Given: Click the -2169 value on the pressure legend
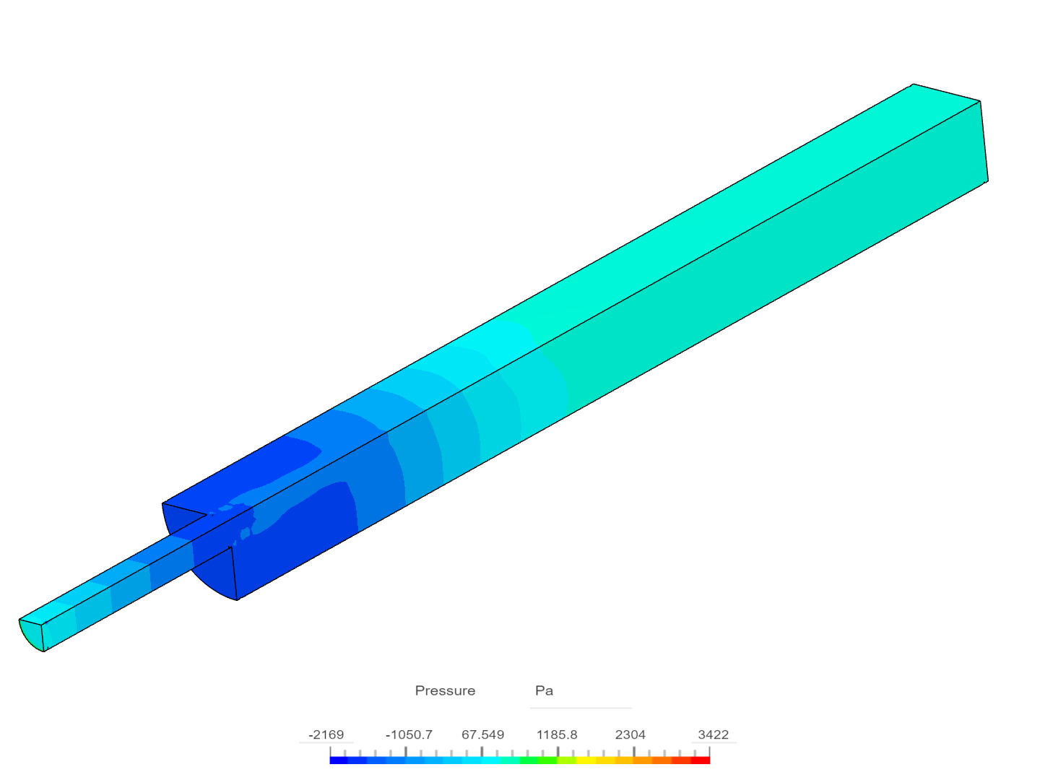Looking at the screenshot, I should (326, 734).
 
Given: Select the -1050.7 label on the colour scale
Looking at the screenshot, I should (409, 734).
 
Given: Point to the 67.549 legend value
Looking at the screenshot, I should (482, 734).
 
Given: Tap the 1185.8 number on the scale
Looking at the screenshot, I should (557, 734).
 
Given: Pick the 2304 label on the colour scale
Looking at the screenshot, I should (630, 734).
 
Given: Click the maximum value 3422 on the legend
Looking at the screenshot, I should (713, 734).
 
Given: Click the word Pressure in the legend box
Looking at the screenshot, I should (445, 690).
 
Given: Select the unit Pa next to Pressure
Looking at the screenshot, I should (544, 690).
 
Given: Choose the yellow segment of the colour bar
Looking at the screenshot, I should (596, 760).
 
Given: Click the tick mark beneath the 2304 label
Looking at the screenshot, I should (634, 750).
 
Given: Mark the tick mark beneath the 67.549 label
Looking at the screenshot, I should (482, 750).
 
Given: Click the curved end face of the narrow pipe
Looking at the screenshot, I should (30, 634).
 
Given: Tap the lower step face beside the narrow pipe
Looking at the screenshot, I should (213, 571).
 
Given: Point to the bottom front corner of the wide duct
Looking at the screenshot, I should (238, 599).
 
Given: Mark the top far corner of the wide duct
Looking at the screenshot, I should (913, 85).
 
